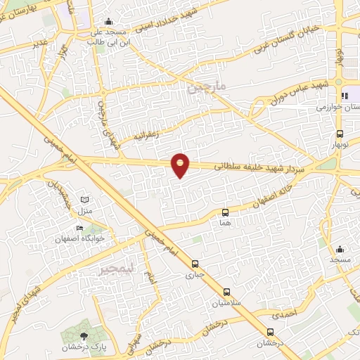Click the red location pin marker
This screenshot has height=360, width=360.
click(x=181, y=165)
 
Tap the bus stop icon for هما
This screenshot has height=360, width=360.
click(x=225, y=212)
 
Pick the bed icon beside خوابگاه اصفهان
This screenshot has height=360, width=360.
click(x=79, y=229)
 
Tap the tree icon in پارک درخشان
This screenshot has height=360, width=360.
click(x=84, y=335)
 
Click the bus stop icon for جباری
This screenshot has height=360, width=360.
click(x=195, y=264)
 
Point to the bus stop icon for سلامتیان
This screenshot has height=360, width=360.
click(x=226, y=292)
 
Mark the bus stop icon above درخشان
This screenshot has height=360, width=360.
click(x=270, y=332)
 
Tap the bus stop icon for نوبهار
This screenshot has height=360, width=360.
click(x=340, y=133)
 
